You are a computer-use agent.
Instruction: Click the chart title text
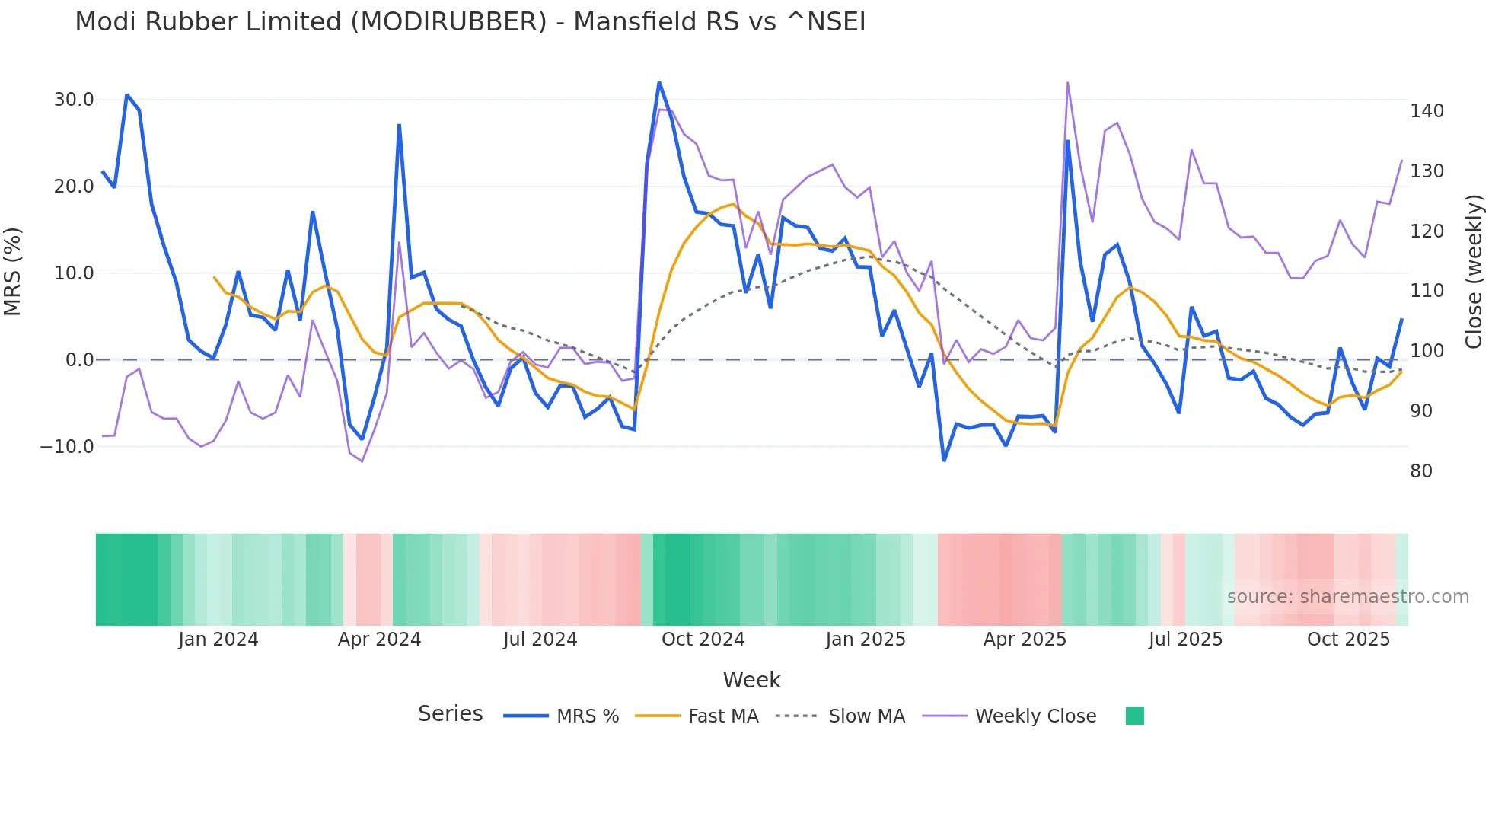(x=470, y=22)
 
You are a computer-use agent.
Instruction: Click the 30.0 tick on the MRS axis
(x=74, y=100)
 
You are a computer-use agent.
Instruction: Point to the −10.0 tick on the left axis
(x=67, y=447)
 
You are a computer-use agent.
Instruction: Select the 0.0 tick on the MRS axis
(x=79, y=360)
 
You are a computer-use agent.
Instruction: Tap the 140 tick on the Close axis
(x=1427, y=111)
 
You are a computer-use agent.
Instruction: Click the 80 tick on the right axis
(x=1420, y=471)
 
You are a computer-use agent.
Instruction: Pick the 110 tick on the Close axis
(x=1427, y=291)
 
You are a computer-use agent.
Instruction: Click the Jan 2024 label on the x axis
(x=218, y=640)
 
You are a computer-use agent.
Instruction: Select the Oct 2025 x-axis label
(x=1348, y=640)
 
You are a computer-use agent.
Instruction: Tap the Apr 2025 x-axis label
(x=1025, y=640)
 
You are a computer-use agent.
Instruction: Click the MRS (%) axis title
(x=13, y=271)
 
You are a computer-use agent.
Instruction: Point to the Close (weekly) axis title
(x=1474, y=271)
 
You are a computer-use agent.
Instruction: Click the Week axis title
(x=751, y=680)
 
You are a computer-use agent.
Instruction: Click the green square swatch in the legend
(x=1134, y=716)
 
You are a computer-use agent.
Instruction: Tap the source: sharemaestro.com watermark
(x=1347, y=597)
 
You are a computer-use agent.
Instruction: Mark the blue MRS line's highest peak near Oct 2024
(x=659, y=83)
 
